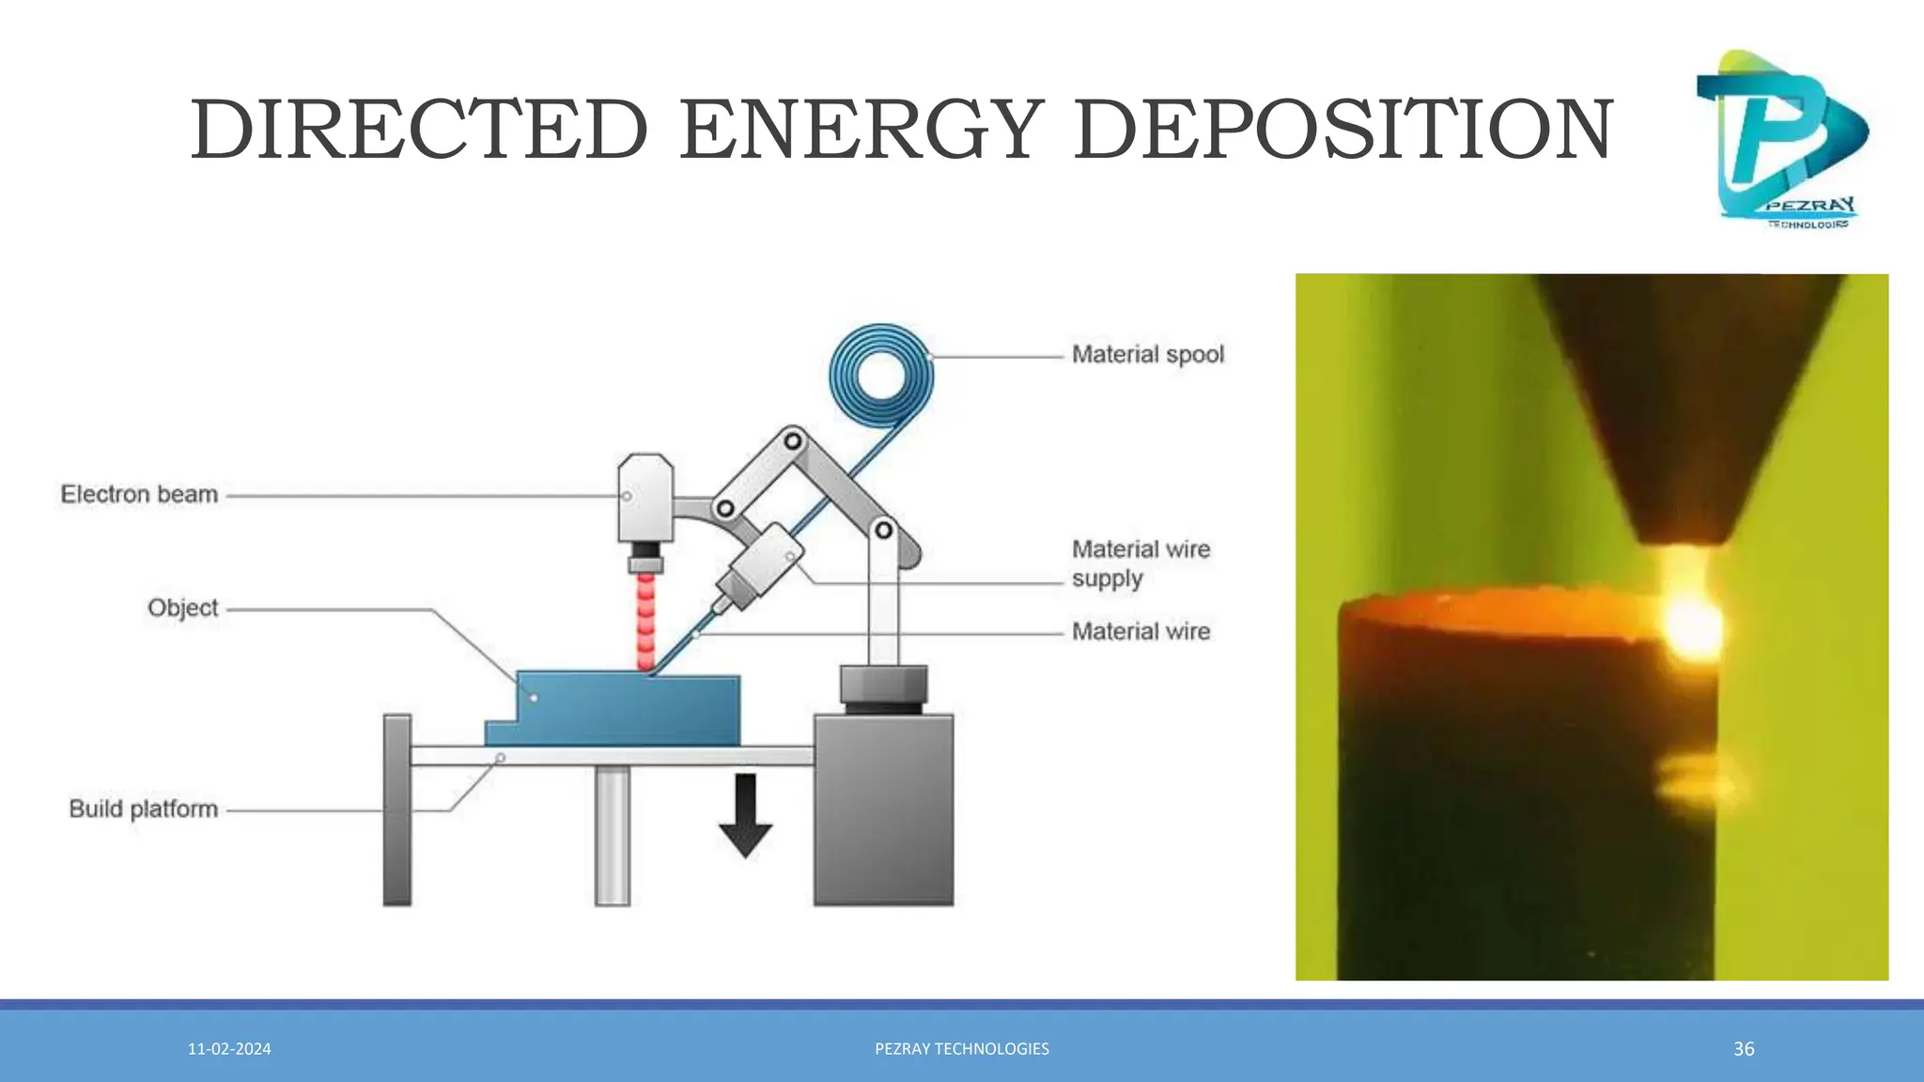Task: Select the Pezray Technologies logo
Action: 1781,139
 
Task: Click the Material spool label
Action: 1147,355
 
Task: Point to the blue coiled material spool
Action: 881,374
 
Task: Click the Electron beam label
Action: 139,494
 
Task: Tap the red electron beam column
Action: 645,621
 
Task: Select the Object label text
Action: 182,608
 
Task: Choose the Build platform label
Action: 143,809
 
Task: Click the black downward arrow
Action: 745,814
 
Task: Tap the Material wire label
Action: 1140,632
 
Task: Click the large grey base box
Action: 883,809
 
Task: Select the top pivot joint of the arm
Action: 793,441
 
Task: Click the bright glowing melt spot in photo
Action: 1692,625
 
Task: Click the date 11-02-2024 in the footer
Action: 229,1049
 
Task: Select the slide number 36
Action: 1744,1049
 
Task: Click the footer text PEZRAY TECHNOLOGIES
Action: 962,1049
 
